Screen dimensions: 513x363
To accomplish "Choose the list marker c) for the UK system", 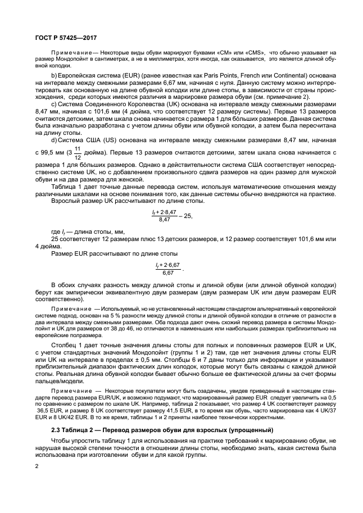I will coord(54,105).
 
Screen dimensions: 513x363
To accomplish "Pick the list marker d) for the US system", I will coord(54,140).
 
